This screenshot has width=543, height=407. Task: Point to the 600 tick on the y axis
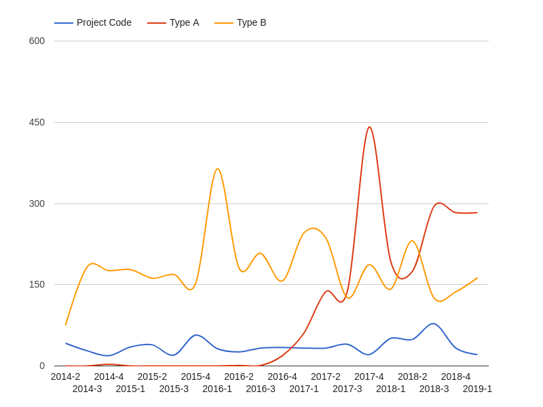(37, 41)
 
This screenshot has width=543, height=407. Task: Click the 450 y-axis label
(37, 122)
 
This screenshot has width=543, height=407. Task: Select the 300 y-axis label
(37, 203)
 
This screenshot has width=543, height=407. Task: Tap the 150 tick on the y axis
(37, 284)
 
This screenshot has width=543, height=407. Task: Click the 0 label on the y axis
(41, 366)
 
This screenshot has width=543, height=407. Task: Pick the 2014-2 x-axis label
(65, 376)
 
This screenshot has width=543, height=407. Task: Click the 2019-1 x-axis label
(477, 389)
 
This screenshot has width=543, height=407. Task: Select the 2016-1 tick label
(217, 389)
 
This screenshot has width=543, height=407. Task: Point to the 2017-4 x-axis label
(369, 376)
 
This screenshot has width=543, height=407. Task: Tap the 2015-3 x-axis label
(174, 389)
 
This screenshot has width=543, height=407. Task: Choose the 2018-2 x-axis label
(412, 376)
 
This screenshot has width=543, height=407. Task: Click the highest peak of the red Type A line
(369, 127)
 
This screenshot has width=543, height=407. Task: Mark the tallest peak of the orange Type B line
(217, 169)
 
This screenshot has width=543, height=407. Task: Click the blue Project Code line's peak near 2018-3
(433, 324)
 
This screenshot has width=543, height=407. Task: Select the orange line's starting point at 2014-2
(66, 325)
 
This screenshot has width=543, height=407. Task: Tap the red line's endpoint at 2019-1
(477, 212)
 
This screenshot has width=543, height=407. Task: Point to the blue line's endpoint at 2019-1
(477, 355)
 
